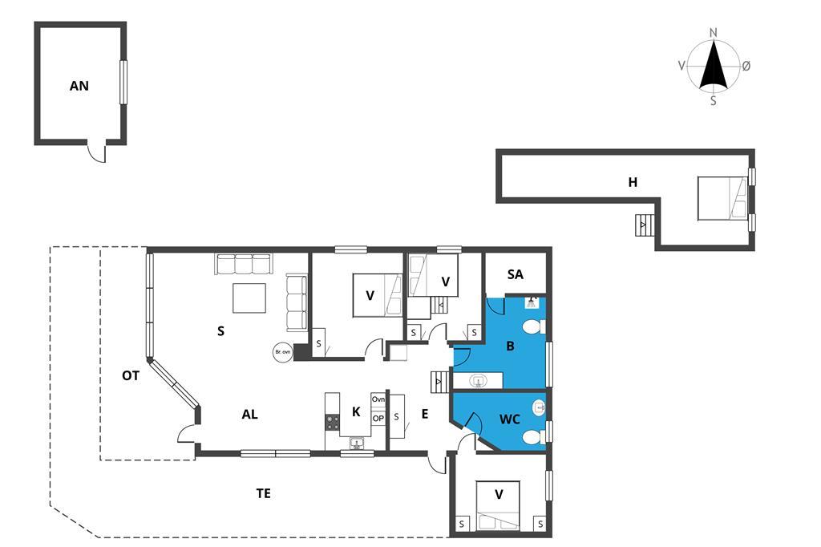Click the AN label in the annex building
tap(79, 86)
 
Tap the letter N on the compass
tap(713, 33)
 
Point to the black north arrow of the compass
tap(713, 63)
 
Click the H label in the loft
tap(633, 182)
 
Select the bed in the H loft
tap(722, 197)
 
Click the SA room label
tap(516, 274)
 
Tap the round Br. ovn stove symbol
tap(283, 351)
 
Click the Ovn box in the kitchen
tap(378, 399)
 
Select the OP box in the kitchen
tap(378, 418)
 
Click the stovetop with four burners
tap(333, 422)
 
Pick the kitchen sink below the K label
tap(357, 444)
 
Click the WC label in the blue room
tap(509, 419)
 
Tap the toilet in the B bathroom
tap(533, 327)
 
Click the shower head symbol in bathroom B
tap(532, 302)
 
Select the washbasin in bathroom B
tap(477, 380)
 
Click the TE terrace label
tap(263, 493)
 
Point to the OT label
tap(131, 375)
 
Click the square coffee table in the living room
tap(249, 298)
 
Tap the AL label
tap(250, 415)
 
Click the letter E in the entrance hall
tap(425, 415)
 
